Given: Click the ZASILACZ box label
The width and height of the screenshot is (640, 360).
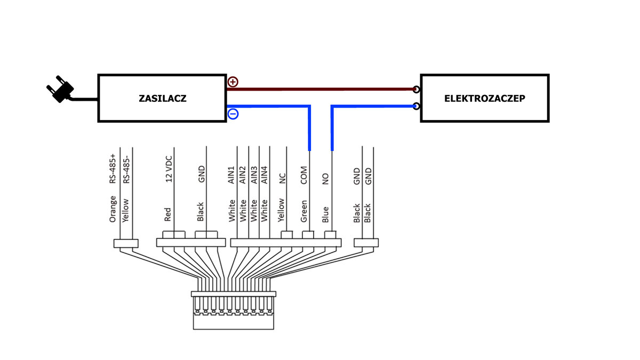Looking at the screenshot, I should (x=163, y=99).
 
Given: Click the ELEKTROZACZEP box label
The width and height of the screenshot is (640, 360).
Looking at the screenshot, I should (x=484, y=99).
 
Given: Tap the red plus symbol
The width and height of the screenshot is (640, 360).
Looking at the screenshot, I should (x=233, y=82).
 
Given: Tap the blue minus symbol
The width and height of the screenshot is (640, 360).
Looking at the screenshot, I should (x=233, y=114).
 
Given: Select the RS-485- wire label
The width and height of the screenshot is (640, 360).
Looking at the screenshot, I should (x=126, y=170).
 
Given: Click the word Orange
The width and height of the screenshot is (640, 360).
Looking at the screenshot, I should (x=113, y=209).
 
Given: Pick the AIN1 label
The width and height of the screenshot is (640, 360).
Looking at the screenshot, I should (x=231, y=174).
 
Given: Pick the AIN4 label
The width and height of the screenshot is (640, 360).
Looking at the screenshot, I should (x=265, y=174).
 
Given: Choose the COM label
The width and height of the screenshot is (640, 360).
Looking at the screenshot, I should (x=304, y=175).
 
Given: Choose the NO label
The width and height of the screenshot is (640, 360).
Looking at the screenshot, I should (x=326, y=178).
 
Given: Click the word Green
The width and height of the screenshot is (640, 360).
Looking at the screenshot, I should (x=304, y=211).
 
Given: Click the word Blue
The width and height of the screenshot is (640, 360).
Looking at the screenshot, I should (x=326, y=214).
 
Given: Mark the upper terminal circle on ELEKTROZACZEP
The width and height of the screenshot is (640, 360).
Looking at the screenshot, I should (x=416, y=90).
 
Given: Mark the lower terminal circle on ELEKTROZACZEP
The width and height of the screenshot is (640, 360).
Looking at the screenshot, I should (x=416, y=106).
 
